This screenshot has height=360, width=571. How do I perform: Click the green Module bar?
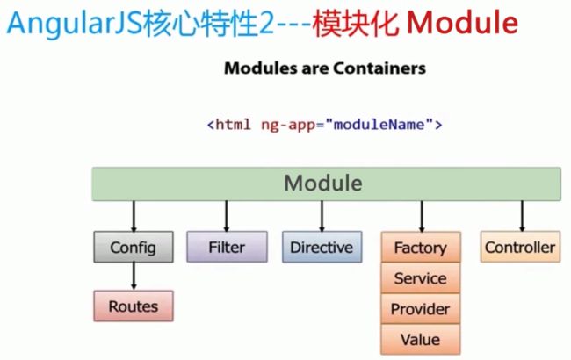[326, 184]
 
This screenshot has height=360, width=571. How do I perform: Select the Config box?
[134, 247]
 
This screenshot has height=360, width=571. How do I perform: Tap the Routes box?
[134, 306]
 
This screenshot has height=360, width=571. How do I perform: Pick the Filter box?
[227, 247]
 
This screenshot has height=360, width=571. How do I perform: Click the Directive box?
[322, 247]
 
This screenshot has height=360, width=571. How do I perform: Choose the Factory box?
[421, 247]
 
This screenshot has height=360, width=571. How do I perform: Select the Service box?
[421, 278]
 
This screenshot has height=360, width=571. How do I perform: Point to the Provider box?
[421, 309]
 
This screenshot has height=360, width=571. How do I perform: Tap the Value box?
[421, 339]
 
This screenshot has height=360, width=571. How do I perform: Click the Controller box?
[520, 247]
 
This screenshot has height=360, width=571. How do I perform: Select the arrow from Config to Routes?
[134, 277]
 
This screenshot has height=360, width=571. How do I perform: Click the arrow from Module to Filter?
[227, 216]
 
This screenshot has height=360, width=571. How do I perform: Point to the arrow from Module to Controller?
[522, 216]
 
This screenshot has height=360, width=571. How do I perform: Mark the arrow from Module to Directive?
[322, 216]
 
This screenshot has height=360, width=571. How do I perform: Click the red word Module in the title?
[462, 23]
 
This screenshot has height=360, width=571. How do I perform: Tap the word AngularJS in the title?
[75, 24]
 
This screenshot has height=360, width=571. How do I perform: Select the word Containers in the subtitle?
[379, 68]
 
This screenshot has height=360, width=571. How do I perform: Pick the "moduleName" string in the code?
[379, 125]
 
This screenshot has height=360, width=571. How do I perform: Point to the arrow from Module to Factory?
[422, 216]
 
